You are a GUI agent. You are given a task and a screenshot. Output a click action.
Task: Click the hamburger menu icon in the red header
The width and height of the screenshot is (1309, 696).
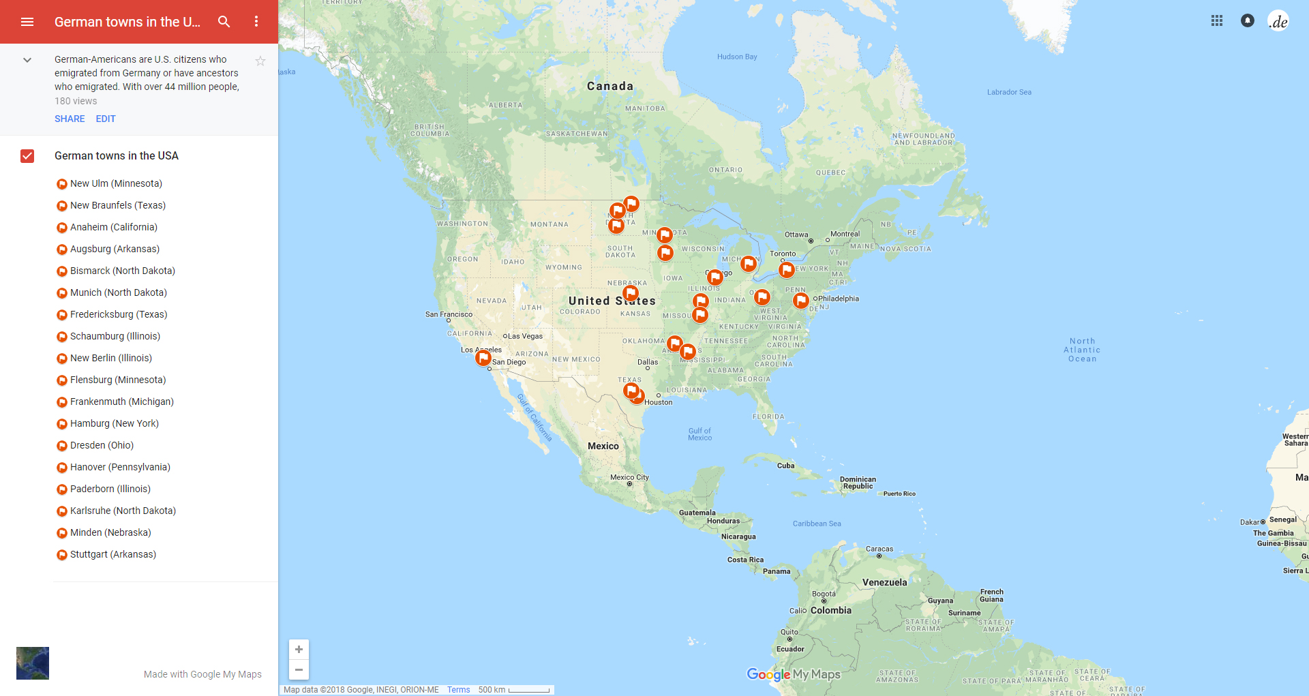pos(27,22)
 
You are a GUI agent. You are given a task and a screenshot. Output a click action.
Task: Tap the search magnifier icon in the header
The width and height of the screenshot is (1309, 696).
pos(224,22)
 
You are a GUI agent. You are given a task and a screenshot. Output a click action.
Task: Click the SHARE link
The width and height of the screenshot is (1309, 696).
pos(70,119)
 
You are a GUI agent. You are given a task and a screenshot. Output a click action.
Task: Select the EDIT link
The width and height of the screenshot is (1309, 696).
pos(106,119)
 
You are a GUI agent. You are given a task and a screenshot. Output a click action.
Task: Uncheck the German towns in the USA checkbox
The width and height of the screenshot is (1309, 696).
pos(27,156)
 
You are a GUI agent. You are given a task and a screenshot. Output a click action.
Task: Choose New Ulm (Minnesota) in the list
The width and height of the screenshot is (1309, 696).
pos(116,183)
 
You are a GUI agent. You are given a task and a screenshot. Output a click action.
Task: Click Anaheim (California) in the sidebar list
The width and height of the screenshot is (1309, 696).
pos(113,227)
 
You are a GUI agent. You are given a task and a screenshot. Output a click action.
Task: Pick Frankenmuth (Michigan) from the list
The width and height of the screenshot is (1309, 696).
pos(121,402)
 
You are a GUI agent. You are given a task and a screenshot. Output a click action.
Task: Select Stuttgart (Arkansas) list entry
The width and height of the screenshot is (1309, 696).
pos(112,554)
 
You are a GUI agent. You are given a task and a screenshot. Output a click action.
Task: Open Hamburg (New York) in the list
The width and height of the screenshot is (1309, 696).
pos(114,423)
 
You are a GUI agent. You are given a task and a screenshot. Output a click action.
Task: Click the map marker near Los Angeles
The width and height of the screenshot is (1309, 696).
pos(483,357)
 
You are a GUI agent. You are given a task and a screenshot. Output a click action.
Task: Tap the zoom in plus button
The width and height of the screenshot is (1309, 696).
pos(299,650)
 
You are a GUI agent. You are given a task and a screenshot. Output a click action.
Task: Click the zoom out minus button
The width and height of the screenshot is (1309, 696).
pos(299,669)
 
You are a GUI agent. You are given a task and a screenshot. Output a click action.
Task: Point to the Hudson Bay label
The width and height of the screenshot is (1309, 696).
pos(737,57)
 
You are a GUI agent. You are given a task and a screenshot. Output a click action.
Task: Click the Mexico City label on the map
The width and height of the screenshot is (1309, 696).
pos(629,477)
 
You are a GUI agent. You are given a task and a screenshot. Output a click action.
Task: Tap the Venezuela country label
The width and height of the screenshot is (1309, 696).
pos(884,582)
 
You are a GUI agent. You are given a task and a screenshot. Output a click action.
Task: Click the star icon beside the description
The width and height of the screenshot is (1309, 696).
pos(260,61)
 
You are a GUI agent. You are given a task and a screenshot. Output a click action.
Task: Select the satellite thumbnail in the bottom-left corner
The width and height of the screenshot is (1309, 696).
pos(33,663)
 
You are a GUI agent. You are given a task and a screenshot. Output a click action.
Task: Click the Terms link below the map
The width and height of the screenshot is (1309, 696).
pos(458,690)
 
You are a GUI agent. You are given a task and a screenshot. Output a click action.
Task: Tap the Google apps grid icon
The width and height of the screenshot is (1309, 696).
pos(1217,21)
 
